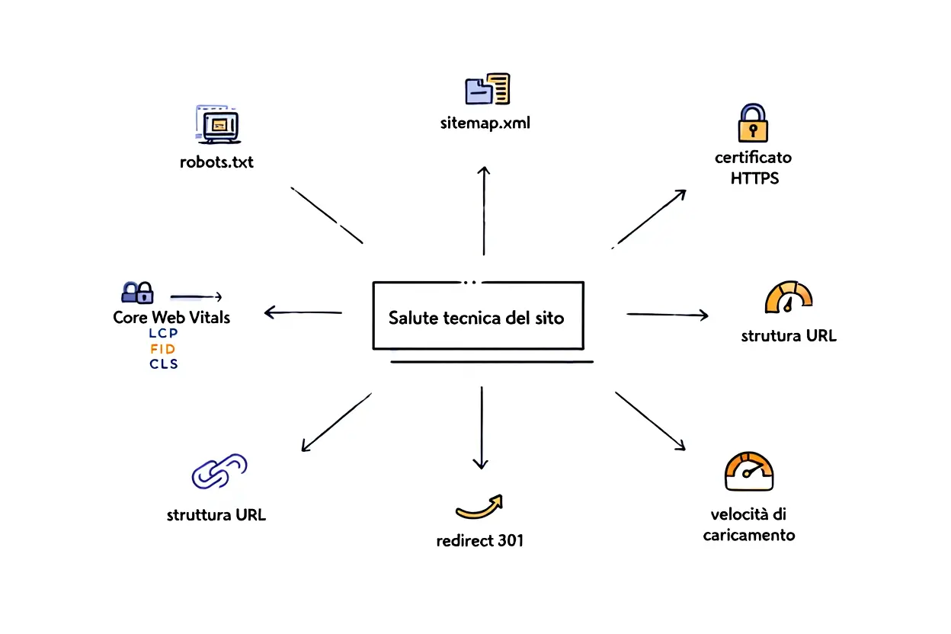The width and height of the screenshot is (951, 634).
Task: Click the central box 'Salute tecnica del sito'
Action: [477, 316]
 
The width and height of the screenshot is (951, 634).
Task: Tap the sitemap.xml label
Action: [485, 123]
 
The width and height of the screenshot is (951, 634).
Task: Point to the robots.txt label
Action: [216, 162]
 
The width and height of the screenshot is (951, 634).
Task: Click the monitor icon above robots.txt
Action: [217, 123]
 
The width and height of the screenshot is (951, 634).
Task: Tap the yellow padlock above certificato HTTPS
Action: [753, 123]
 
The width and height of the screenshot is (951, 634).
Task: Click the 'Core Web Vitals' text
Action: [171, 317]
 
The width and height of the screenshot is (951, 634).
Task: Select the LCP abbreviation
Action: [163, 334]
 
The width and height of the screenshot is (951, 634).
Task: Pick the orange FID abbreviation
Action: [163, 349]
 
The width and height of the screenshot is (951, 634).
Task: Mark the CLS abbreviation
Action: [163, 364]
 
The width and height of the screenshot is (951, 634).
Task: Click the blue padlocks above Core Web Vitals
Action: [138, 292]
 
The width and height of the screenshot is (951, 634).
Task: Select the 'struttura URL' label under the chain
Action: [216, 514]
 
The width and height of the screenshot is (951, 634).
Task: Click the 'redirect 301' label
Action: [480, 541]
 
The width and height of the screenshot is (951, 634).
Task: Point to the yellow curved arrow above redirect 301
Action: [479, 506]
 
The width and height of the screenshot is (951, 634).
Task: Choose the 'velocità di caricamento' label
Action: [748, 524]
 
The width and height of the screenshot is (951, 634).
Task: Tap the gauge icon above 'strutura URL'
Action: [788, 298]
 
